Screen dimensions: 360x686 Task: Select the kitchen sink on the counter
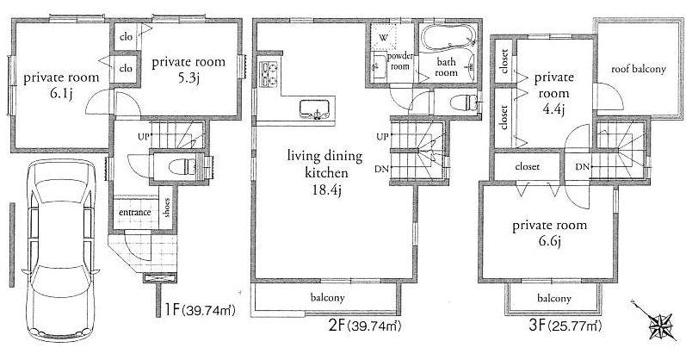click(312, 109)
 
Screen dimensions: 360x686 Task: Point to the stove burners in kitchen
click(268, 75)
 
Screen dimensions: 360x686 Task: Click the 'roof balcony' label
click(639, 68)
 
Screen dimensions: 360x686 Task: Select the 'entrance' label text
click(134, 212)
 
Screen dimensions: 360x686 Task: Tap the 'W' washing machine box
click(383, 36)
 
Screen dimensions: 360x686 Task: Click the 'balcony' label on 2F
click(328, 298)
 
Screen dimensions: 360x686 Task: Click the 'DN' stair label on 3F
click(582, 166)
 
